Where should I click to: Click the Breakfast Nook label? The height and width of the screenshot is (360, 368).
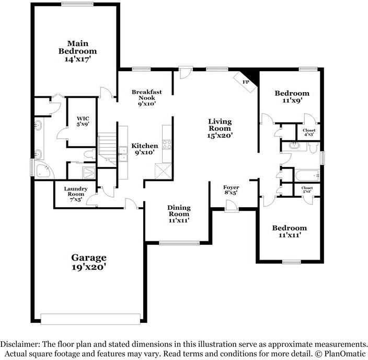point(146,95)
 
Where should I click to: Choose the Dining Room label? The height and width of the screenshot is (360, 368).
point(178,211)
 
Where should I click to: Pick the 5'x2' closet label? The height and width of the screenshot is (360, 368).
point(307,189)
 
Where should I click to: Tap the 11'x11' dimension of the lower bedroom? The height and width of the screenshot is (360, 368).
point(289,235)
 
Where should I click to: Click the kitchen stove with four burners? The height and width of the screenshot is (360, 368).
point(167,144)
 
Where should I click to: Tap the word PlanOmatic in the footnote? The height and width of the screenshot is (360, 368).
point(343,354)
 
